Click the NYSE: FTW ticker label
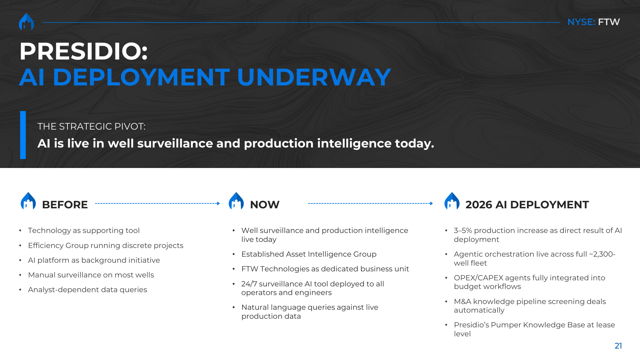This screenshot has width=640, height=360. pos(593,22)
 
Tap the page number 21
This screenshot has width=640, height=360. pos(618,346)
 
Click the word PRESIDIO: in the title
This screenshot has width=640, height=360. pos(84,51)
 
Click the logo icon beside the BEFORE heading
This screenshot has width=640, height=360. pos(28,201)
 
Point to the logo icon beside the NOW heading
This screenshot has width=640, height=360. pos(236,201)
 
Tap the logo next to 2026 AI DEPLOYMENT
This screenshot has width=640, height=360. pos(452,201)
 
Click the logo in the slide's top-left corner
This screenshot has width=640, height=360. pos(27,22)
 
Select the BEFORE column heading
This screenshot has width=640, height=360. pos(65,205)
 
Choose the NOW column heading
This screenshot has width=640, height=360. pos(265,205)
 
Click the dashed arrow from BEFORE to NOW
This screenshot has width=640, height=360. pos(157,204)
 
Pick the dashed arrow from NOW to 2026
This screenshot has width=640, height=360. pos(370,204)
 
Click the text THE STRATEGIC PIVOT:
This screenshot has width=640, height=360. pos(92,126)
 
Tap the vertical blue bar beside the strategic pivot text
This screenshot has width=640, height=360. pos(23,135)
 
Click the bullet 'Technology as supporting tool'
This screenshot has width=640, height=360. pos(84,230)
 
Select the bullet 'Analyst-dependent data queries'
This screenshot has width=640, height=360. pos(87,290)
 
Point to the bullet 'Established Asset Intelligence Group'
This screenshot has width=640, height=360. pos(309,254)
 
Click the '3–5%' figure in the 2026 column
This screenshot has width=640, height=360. pos(463,230)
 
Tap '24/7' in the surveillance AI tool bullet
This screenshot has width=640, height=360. pos(249,284)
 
